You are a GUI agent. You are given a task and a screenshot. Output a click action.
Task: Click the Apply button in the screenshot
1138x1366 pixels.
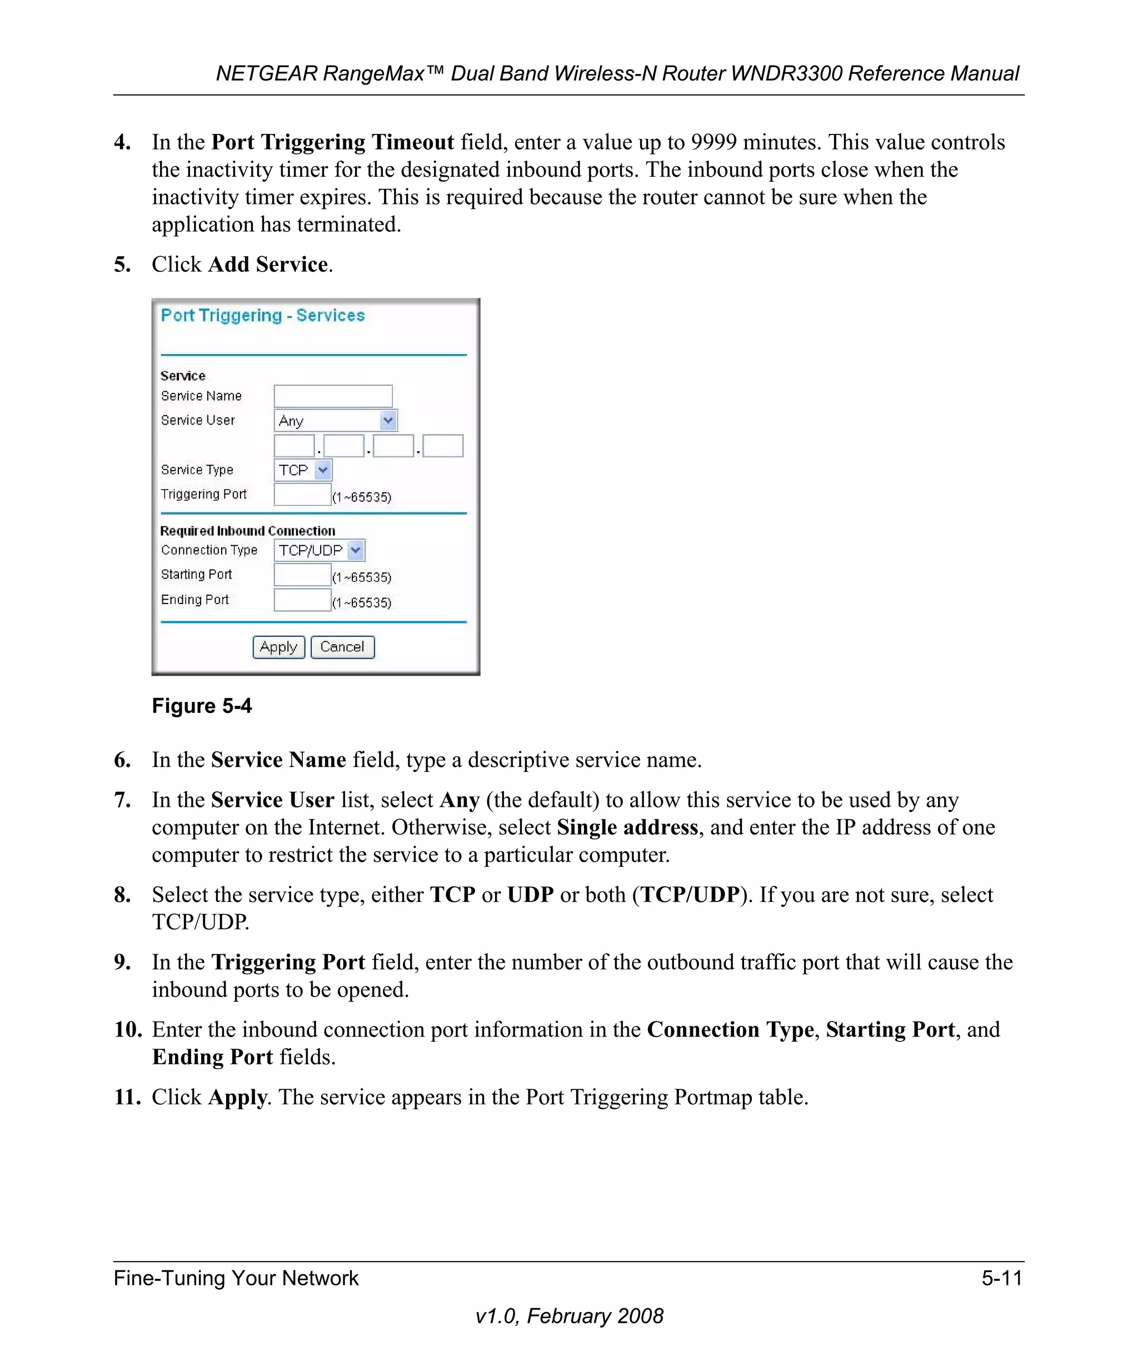click(278, 647)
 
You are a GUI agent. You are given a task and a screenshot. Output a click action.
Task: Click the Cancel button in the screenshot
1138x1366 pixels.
click(342, 647)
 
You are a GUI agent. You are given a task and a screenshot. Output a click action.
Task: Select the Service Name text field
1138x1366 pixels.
click(333, 396)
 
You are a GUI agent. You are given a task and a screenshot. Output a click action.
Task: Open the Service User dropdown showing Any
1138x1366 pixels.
click(336, 421)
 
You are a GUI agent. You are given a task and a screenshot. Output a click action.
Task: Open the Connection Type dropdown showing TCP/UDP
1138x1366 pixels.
click(320, 550)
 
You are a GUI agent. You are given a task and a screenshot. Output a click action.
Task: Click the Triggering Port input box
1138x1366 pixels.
click(302, 495)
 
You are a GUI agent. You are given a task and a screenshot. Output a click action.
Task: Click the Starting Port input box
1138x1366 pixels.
click(302, 575)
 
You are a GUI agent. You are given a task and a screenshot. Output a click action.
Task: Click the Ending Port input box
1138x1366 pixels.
click(302, 600)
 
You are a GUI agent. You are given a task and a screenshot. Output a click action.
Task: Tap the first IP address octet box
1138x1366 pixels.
click(294, 446)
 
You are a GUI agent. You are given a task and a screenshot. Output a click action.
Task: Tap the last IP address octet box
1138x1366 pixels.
click(443, 446)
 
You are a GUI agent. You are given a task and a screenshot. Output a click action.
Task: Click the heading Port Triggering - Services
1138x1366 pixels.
click(263, 316)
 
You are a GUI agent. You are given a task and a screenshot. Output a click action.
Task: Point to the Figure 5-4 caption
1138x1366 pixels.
click(202, 706)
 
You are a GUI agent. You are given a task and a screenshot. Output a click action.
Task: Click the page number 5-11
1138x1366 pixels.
click(1001, 1278)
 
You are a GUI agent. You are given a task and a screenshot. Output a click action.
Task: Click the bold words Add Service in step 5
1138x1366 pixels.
click(268, 265)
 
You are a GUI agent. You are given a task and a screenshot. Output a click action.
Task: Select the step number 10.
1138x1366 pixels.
click(127, 1030)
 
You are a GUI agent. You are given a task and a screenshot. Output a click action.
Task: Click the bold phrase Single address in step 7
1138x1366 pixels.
click(627, 827)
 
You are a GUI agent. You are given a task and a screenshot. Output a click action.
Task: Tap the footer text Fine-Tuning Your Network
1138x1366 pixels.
click(236, 1278)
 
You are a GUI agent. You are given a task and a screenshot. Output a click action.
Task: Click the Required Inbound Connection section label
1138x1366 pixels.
click(248, 531)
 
